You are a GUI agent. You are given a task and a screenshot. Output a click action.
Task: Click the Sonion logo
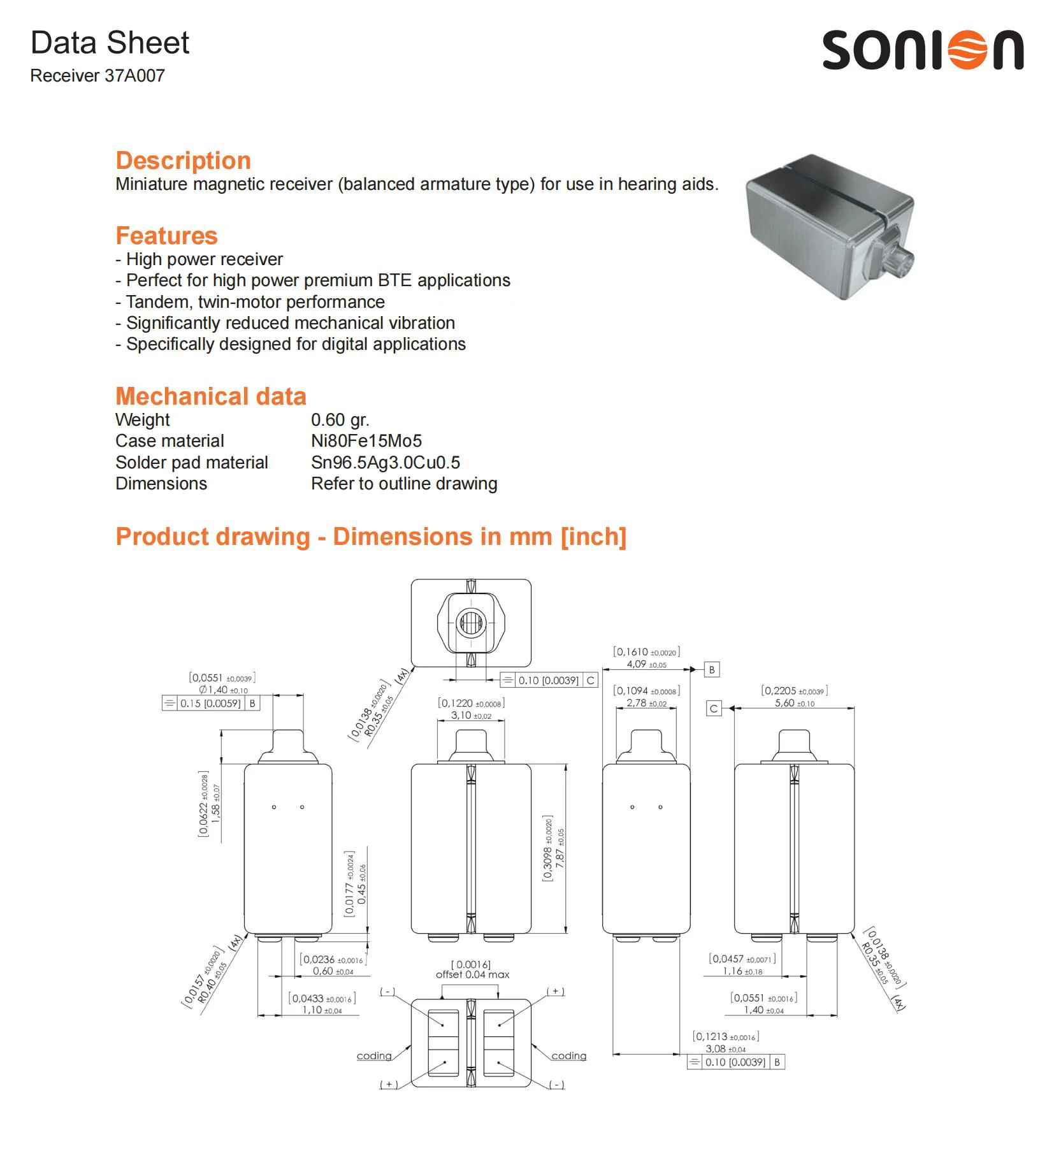[922, 50]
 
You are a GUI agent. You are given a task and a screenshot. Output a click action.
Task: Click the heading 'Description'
[183, 160]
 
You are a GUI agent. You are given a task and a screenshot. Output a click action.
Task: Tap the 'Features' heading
[166, 236]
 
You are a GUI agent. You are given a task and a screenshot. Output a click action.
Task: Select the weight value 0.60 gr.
[340, 420]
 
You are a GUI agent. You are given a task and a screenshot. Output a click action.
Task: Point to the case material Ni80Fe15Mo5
[366, 441]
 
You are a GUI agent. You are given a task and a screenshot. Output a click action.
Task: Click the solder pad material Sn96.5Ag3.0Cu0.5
[385, 463]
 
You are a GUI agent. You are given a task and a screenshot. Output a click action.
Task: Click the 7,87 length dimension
[560, 848]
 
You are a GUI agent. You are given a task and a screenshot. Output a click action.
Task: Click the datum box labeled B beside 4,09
[712, 670]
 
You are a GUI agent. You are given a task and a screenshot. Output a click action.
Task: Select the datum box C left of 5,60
[714, 708]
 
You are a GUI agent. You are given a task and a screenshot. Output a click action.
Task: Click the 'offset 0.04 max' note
[472, 974]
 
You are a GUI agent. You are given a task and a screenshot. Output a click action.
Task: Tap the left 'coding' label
[374, 1056]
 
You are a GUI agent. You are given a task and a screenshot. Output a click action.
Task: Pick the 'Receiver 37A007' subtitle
[97, 76]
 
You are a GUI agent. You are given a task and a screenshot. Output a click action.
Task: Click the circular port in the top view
[470, 622]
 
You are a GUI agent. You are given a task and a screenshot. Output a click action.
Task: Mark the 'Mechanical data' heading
[210, 396]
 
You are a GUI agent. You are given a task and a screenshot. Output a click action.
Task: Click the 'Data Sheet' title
[110, 43]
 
